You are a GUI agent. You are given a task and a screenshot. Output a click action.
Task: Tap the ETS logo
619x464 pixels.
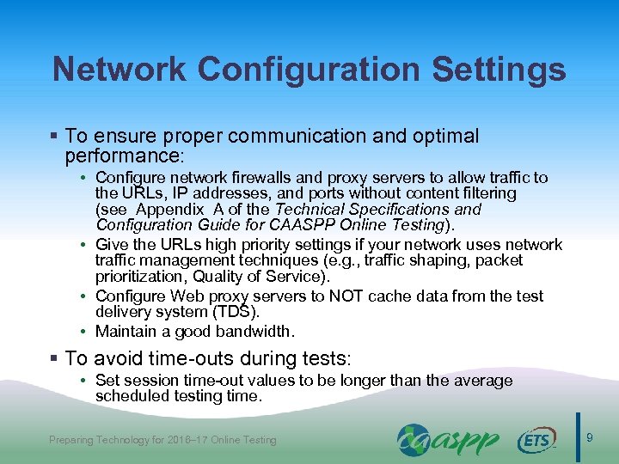coord(536,441)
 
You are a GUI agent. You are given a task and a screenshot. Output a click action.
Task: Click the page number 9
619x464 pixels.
coord(589,439)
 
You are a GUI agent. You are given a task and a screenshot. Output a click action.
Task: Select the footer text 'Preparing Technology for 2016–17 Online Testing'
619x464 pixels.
coord(162,440)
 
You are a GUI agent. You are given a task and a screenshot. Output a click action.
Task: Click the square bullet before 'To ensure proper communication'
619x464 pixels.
coord(56,137)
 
